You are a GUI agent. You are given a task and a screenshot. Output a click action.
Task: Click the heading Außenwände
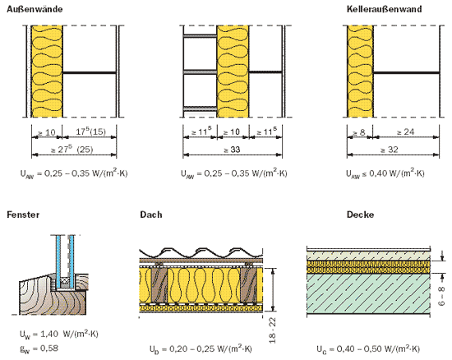pos(35,9)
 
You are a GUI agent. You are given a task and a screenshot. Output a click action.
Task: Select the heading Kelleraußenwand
pos(385,9)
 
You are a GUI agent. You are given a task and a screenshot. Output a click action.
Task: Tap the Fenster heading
pos(23,215)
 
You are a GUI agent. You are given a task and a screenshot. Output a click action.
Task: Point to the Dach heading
pos(151,215)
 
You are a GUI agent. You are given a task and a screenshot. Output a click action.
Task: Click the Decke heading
pos(360,215)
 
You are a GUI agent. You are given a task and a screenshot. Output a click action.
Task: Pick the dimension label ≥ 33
pos(232,150)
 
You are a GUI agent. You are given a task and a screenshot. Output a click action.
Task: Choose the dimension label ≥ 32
pos(390,150)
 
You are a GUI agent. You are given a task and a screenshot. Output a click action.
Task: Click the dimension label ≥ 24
pos(406,132)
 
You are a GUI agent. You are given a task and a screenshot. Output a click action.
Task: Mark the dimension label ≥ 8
pos(359,132)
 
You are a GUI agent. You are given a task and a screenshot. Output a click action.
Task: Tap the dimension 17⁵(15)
pos(90,132)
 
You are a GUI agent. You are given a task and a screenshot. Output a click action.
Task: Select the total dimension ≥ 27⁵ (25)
pos(71,150)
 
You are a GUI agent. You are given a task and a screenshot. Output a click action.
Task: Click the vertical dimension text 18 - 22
pos(272,330)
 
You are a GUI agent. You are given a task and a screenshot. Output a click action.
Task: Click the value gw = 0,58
pos(39,348)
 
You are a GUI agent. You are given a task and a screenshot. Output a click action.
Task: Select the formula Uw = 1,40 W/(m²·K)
pos(59,334)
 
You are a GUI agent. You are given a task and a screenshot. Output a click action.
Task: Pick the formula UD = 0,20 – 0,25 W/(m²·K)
pos(201,349)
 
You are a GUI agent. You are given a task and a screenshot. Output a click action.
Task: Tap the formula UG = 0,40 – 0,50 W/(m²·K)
pos(368,349)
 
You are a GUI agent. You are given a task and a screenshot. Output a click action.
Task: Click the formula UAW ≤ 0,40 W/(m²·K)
pos(385,173)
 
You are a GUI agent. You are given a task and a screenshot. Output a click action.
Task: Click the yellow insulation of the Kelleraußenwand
pos(360,72)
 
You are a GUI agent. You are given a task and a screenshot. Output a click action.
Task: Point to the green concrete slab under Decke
pos(368,293)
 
